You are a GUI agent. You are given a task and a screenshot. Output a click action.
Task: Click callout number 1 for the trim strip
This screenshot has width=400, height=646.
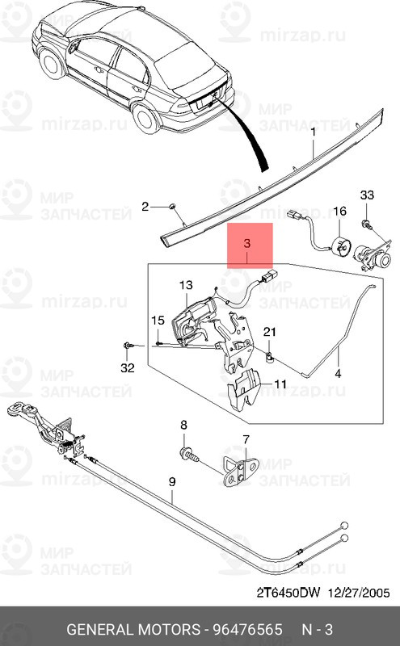point(313,132)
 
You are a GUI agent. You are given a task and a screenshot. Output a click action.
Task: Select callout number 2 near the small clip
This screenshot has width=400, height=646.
point(145,207)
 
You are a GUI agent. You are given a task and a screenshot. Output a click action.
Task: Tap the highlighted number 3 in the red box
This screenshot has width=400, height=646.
point(247,243)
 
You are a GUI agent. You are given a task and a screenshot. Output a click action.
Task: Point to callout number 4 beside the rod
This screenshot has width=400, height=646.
point(338,374)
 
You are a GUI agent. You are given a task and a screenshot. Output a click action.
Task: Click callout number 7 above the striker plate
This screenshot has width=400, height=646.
point(246,439)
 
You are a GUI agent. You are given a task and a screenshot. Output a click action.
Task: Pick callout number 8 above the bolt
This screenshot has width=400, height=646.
point(184,425)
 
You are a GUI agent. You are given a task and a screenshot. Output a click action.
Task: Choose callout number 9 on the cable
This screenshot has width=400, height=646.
point(172,481)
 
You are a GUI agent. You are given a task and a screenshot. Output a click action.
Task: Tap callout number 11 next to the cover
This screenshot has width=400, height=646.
point(280,384)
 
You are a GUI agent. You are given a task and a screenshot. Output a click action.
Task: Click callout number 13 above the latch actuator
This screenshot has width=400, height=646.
point(186,285)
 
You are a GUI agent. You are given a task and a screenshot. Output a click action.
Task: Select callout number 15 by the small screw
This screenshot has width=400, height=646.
point(158,320)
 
